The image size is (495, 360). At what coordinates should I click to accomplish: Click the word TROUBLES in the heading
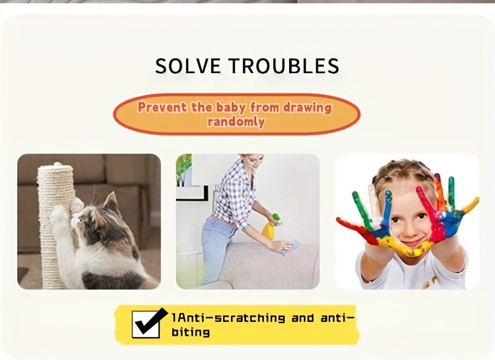[284, 66]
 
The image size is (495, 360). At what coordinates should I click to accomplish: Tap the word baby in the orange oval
[231, 108]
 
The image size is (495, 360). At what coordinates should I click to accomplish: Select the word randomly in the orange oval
[236, 122]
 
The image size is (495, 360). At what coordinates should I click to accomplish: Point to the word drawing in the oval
[307, 108]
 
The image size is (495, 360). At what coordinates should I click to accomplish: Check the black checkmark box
[148, 323]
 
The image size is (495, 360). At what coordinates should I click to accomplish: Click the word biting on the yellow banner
[191, 332]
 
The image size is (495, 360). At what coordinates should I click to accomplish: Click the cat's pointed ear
[111, 201]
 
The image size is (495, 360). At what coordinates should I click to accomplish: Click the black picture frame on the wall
[193, 193]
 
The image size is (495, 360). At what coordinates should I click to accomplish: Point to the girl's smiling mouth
[412, 243]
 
